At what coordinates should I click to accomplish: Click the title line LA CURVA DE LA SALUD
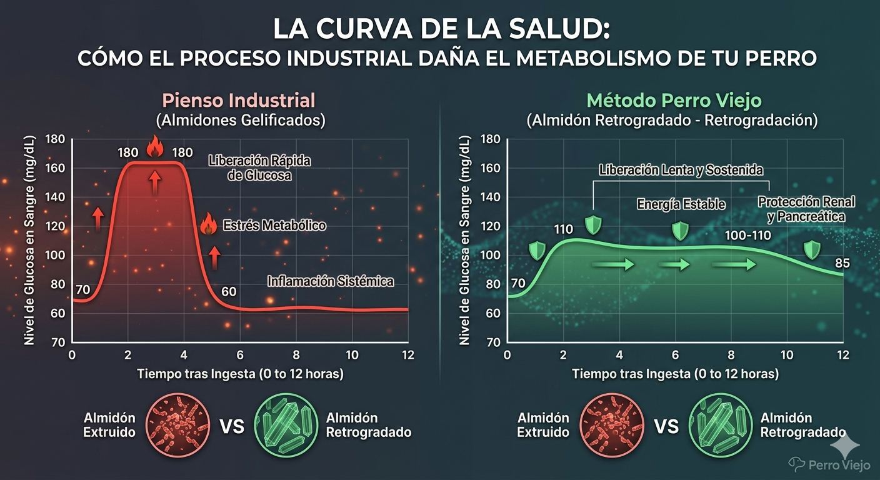[x=440, y=29]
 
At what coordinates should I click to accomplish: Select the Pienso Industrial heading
[x=238, y=100]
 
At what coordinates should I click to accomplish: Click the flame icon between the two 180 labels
[x=154, y=149]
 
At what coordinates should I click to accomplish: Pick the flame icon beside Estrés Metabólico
[x=208, y=224]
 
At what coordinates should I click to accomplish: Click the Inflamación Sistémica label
[x=331, y=281]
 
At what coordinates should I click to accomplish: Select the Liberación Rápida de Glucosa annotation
[x=259, y=168]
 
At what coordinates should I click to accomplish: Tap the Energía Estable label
[x=681, y=204]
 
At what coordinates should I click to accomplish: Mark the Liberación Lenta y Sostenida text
[x=681, y=170]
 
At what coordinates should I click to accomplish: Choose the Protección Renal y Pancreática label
[x=806, y=209]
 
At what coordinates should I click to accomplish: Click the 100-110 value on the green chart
[x=748, y=236]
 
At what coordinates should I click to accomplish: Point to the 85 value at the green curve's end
[x=842, y=263]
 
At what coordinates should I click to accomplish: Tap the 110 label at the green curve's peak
[x=563, y=230]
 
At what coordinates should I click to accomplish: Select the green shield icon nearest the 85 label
[x=812, y=249]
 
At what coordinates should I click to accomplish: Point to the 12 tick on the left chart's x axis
[x=408, y=354]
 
